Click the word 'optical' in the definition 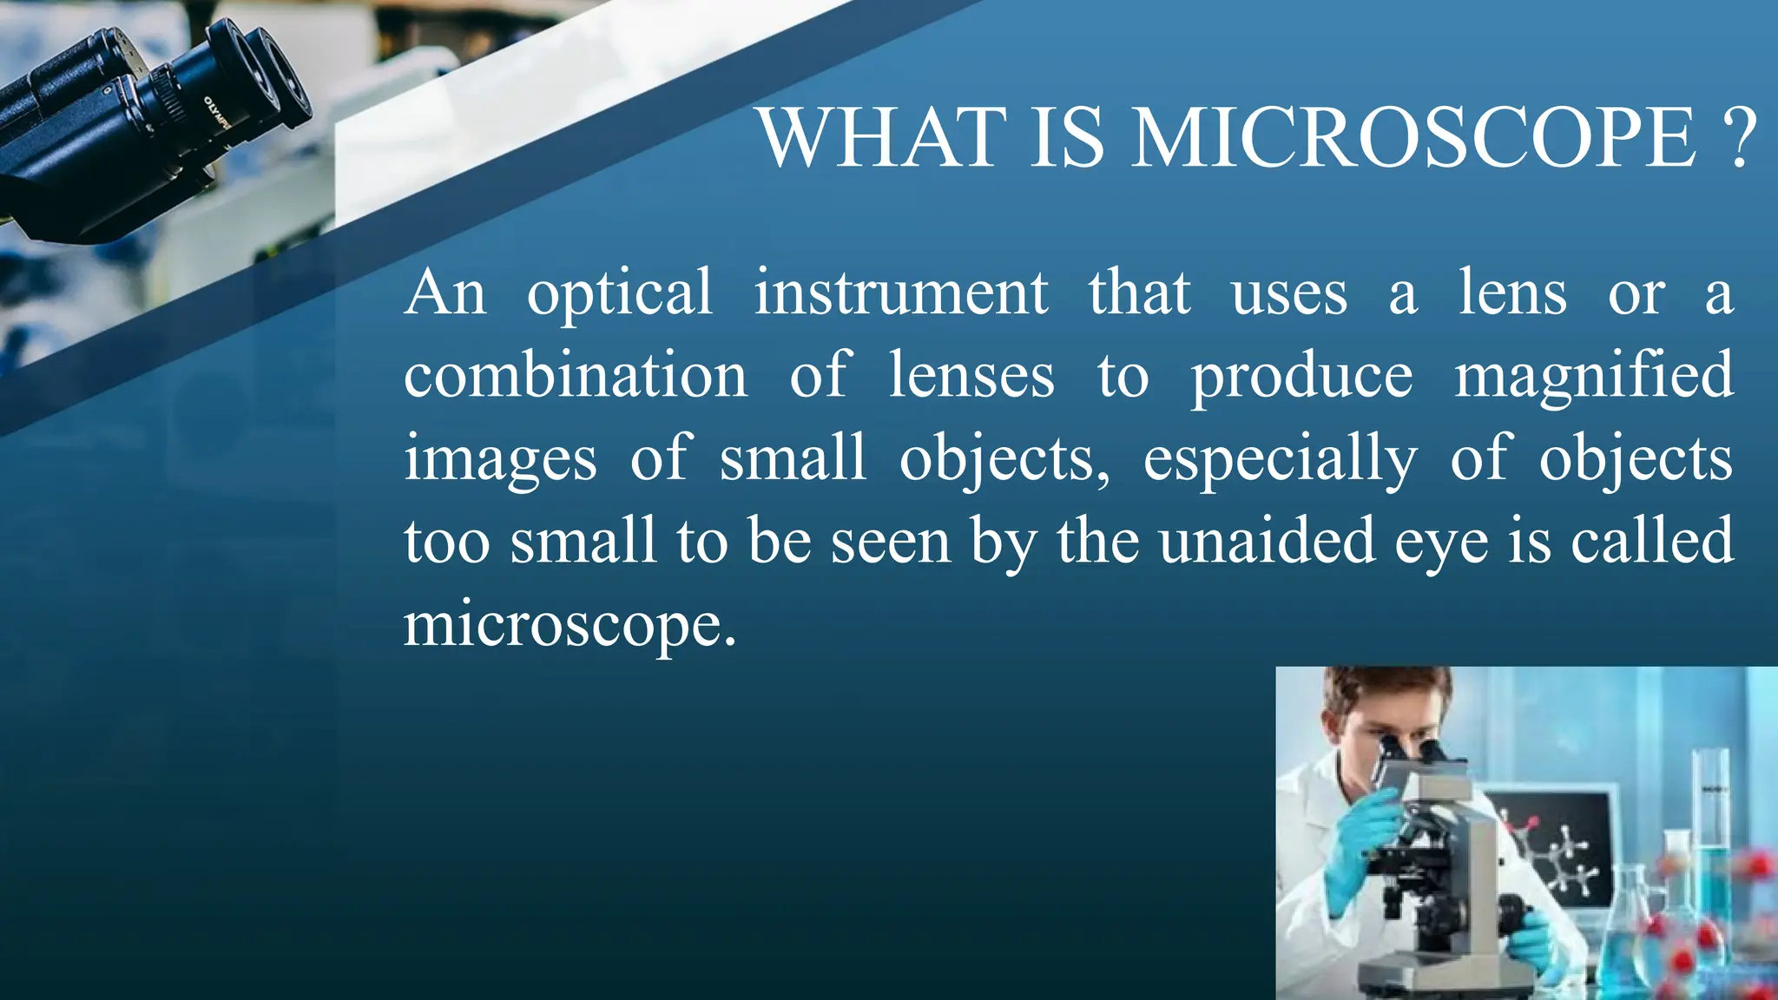point(620,295)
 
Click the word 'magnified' point(1594,378)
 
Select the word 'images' point(500,460)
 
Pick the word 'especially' point(1280,460)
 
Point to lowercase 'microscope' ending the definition point(570,626)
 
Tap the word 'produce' point(1301,378)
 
